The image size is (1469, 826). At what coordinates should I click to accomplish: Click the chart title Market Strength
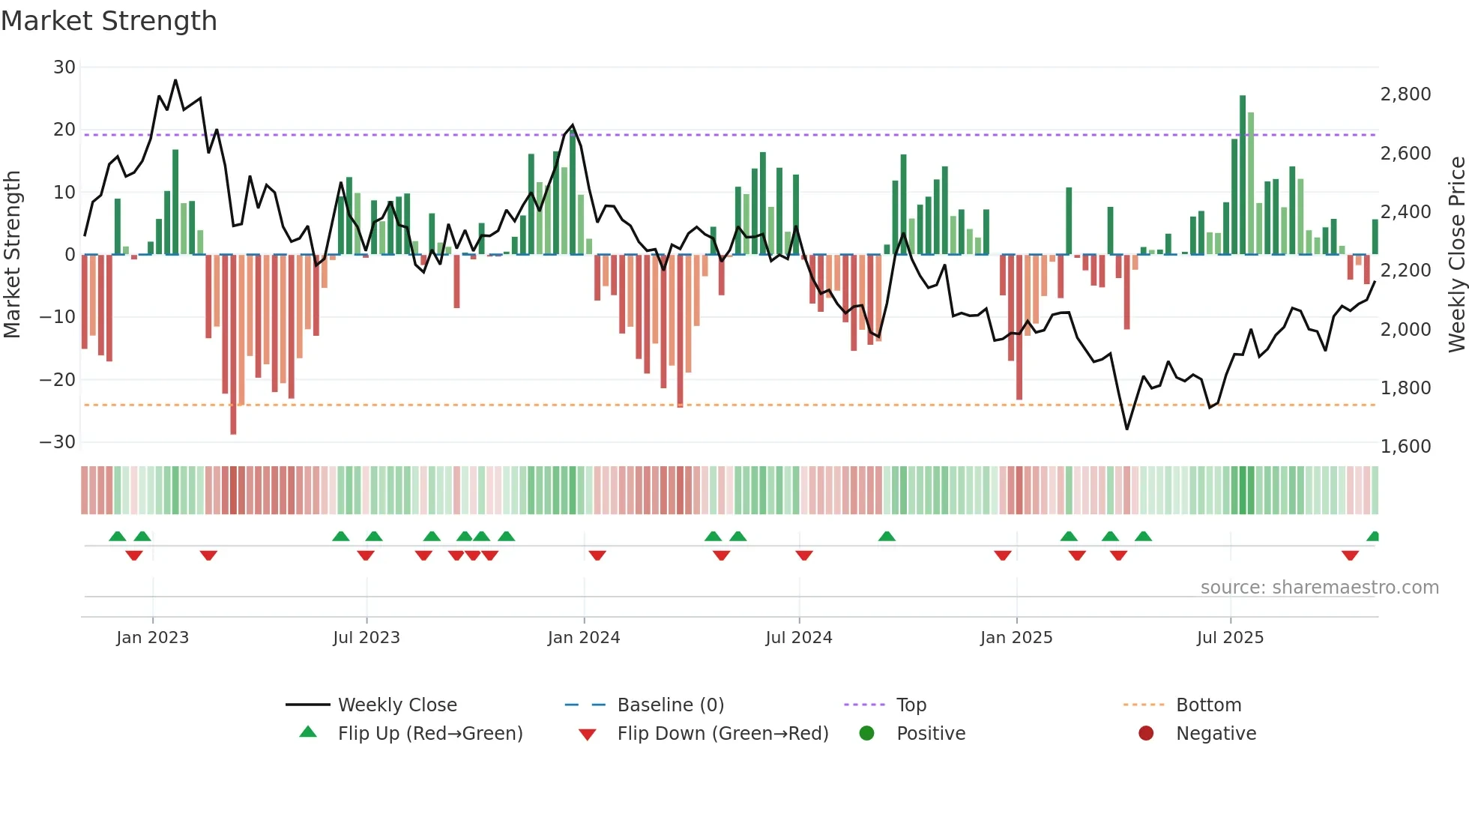point(109,21)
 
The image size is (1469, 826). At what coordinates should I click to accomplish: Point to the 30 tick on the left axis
point(64,67)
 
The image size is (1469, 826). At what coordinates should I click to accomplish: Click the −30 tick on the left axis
point(58,442)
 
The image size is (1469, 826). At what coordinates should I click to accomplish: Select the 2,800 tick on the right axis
point(1405,94)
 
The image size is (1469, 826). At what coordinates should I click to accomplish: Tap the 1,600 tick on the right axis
point(1405,447)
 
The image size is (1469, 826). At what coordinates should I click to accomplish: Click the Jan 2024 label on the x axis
point(584,638)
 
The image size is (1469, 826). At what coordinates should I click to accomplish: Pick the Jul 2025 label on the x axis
point(1230,638)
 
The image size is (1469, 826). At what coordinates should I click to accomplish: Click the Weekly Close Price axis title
point(1456,255)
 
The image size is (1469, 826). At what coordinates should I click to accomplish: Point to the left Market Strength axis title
point(12,255)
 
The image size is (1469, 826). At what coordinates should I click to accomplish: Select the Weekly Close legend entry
point(396,705)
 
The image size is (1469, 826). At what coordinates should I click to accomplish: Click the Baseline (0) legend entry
point(670,705)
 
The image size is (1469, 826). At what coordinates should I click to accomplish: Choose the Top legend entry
point(911,705)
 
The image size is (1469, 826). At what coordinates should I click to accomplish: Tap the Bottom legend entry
point(1208,705)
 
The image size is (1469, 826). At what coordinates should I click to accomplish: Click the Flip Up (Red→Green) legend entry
point(429,734)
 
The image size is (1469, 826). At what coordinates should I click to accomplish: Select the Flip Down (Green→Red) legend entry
point(723,734)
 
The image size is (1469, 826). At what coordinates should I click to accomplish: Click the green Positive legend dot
point(867,734)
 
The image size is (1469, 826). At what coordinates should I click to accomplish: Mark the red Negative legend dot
point(1146,734)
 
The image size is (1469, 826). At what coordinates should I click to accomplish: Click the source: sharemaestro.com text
point(1319,588)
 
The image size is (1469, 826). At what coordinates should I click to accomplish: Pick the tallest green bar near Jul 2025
point(1243,175)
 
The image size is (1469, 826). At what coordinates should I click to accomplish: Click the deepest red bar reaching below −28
point(233,345)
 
